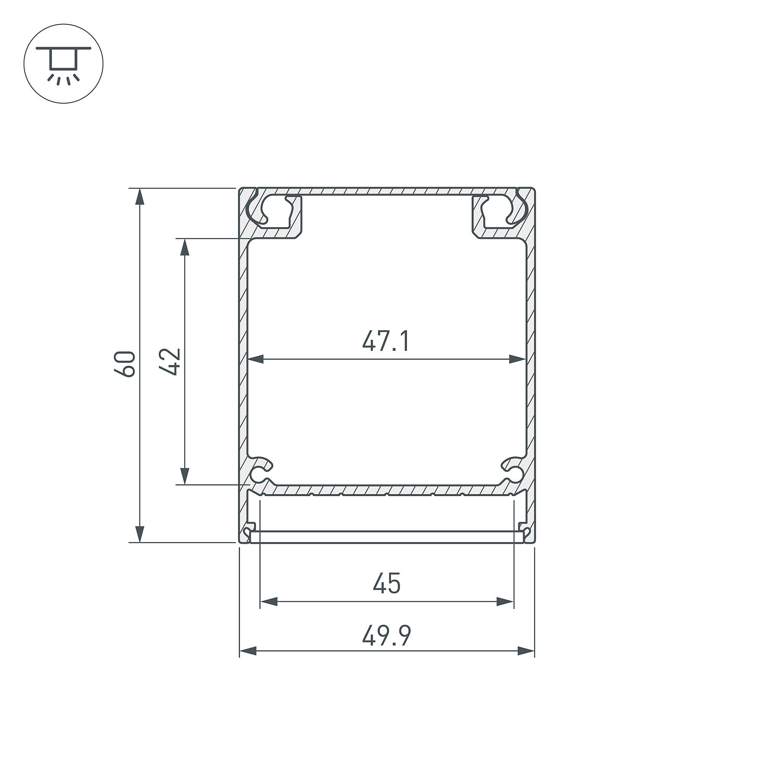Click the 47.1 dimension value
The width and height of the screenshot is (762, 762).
tap(386, 341)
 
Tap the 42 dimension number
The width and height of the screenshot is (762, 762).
tap(170, 361)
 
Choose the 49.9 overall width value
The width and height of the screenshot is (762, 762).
tap(386, 636)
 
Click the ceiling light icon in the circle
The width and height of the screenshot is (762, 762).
tap(64, 64)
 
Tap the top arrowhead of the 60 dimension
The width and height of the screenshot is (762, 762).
tap(139, 197)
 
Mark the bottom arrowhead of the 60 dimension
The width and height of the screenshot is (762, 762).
tap(139, 535)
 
